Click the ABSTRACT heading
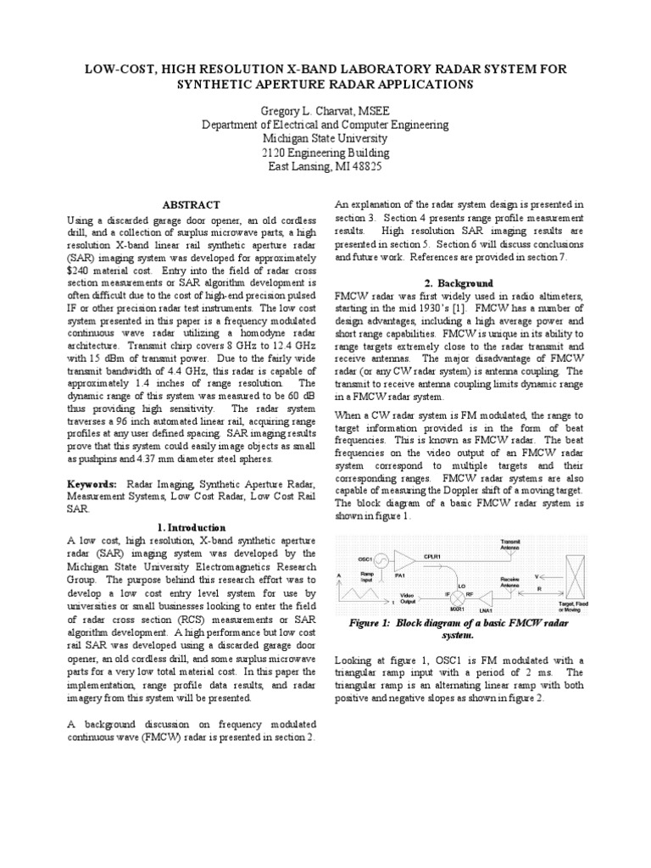click(191, 205)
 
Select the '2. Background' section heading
click(458, 282)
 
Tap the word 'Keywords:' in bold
click(93, 481)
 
